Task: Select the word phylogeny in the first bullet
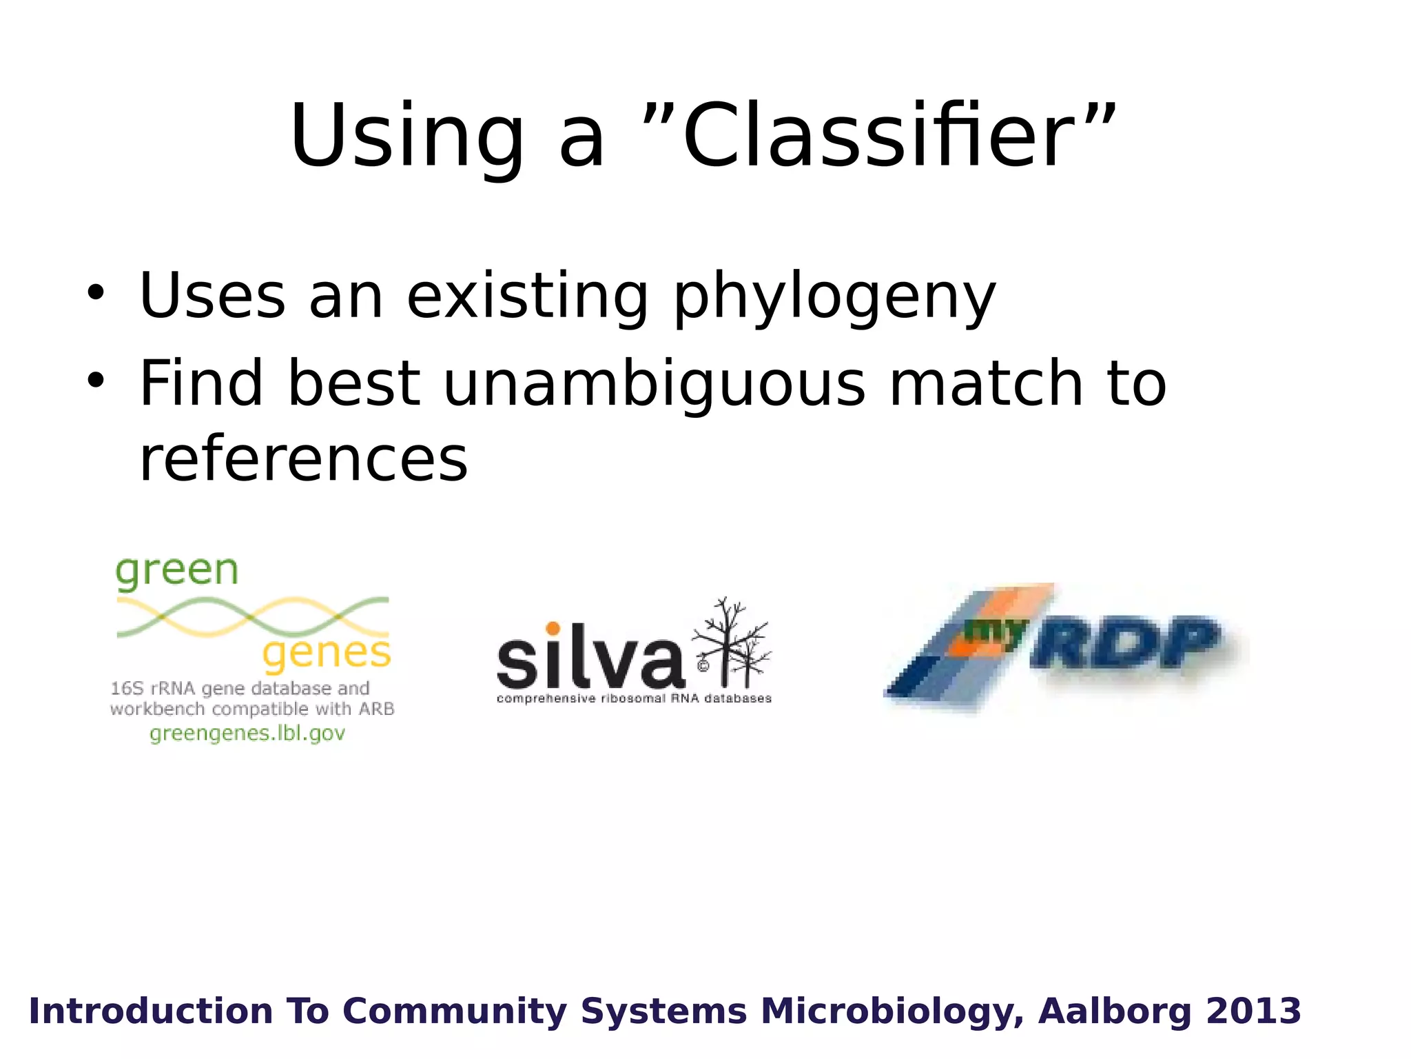point(834,298)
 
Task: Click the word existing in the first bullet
point(528,298)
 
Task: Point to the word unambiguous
point(654,385)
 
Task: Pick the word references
point(303,459)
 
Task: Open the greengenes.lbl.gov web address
point(247,734)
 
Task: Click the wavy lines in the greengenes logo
point(252,616)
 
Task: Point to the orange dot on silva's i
point(553,628)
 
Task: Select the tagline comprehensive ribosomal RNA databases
point(634,699)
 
